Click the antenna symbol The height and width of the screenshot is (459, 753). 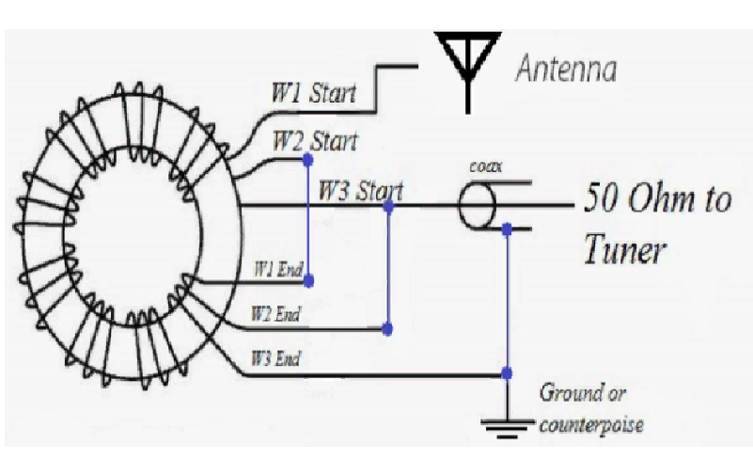(x=467, y=72)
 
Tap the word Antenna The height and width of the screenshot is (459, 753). (x=566, y=69)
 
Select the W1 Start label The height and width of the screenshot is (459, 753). (x=314, y=93)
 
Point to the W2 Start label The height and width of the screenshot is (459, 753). (x=315, y=141)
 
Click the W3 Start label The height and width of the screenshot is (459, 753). (x=361, y=190)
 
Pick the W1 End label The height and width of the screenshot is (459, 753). (x=278, y=269)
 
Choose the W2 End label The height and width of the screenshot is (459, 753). (x=275, y=314)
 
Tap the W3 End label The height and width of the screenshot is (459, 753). (x=275, y=358)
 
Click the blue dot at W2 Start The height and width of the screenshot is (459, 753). (x=308, y=160)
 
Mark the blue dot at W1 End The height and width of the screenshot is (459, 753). (x=308, y=280)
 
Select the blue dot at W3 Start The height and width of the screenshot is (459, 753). (x=388, y=207)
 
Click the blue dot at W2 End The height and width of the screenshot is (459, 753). (x=387, y=329)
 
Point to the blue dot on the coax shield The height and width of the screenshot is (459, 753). (x=507, y=229)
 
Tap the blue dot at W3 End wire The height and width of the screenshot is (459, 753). (x=507, y=373)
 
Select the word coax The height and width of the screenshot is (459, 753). (x=485, y=166)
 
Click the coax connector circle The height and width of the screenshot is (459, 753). (x=477, y=206)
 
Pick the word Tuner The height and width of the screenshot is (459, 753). (x=625, y=249)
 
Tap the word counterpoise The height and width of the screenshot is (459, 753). (x=591, y=424)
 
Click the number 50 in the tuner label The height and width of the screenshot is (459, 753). (x=601, y=198)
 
